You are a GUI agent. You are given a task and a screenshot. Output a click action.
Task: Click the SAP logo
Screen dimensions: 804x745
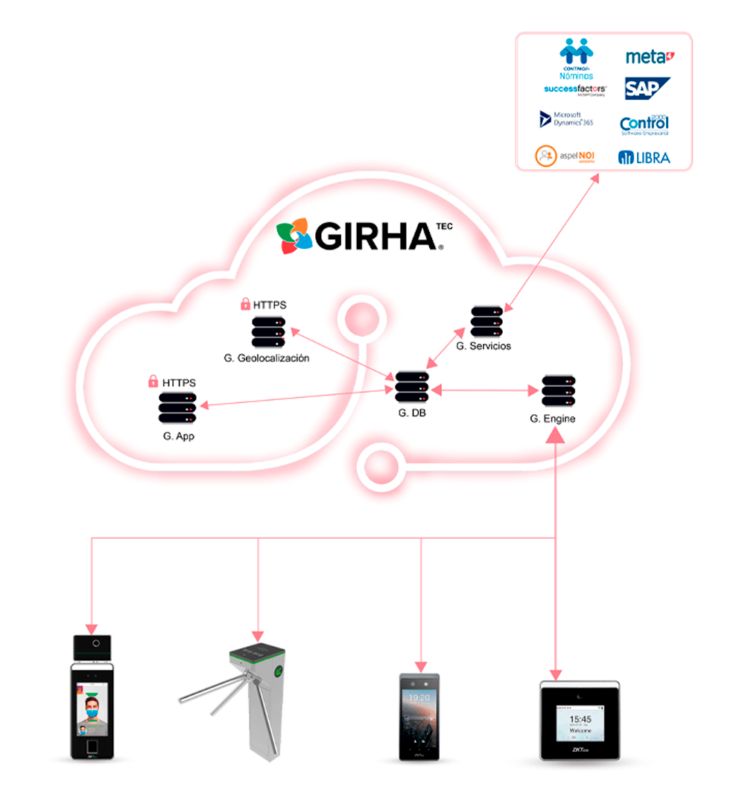[647, 88]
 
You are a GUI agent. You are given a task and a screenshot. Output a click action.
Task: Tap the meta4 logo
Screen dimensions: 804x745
[649, 57]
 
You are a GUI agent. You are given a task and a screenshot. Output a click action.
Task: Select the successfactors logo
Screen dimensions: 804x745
[576, 89]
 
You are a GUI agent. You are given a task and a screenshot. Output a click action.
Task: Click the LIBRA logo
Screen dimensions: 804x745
[644, 157]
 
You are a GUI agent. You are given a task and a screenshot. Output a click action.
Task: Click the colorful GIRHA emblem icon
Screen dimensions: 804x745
[294, 236]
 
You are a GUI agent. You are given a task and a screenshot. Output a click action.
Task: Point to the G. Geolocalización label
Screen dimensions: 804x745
[266, 358]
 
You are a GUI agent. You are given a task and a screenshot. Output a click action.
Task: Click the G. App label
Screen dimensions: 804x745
[179, 436]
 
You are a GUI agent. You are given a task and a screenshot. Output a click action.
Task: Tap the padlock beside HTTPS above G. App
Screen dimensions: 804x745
[153, 382]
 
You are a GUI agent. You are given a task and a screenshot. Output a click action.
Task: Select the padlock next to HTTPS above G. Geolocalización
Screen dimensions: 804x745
[244, 304]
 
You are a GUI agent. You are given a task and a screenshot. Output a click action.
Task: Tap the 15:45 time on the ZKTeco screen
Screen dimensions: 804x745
[580, 719]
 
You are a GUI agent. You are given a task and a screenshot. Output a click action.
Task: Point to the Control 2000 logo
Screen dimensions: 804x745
[644, 124]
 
